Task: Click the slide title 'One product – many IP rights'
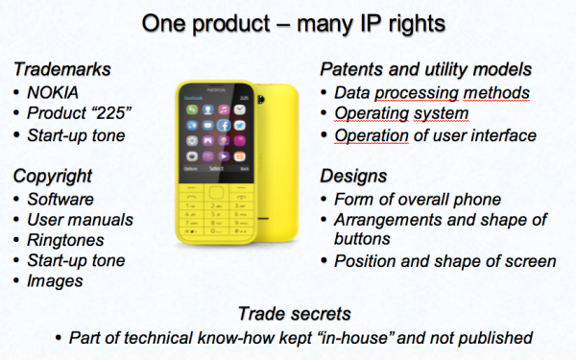coord(288,21)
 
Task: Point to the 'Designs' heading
coord(354,177)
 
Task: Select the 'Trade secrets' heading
coord(287,314)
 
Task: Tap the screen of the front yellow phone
coord(220,129)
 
